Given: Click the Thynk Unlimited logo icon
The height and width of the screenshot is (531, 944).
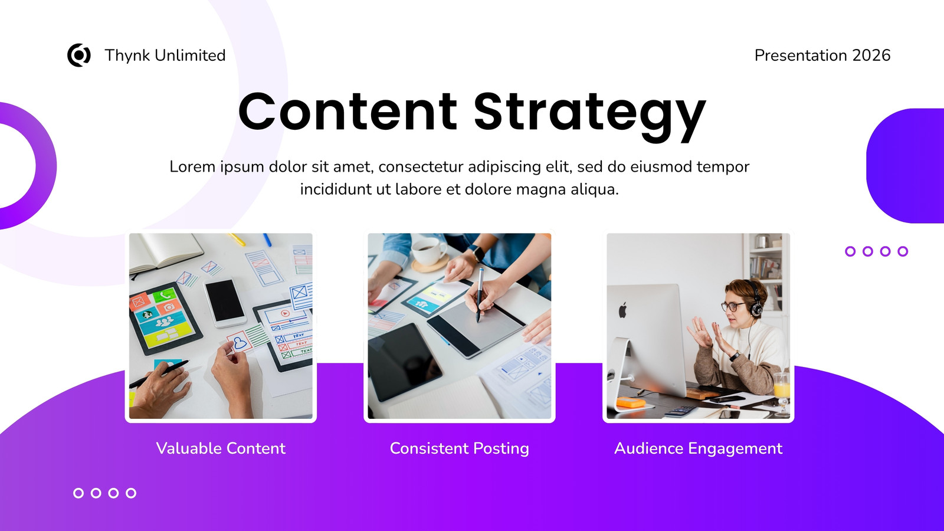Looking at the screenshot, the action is click(x=79, y=55).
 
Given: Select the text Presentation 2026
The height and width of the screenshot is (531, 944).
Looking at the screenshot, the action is click(x=822, y=55).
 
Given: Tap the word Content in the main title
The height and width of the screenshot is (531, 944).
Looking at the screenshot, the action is click(x=348, y=112).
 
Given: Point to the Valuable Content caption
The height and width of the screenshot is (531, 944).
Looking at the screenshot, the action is click(x=221, y=448).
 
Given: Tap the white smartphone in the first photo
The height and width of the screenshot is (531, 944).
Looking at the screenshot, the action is click(x=225, y=303).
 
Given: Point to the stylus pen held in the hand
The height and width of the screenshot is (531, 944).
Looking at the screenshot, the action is click(x=480, y=295).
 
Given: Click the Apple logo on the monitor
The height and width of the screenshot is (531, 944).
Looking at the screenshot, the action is click(x=622, y=310).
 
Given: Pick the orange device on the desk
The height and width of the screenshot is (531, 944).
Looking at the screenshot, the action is click(x=631, y=402).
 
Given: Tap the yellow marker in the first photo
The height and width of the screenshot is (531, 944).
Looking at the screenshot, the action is click(x=237, y=240).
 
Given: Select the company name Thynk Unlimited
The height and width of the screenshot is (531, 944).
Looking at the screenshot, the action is click(x=165, y=55).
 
